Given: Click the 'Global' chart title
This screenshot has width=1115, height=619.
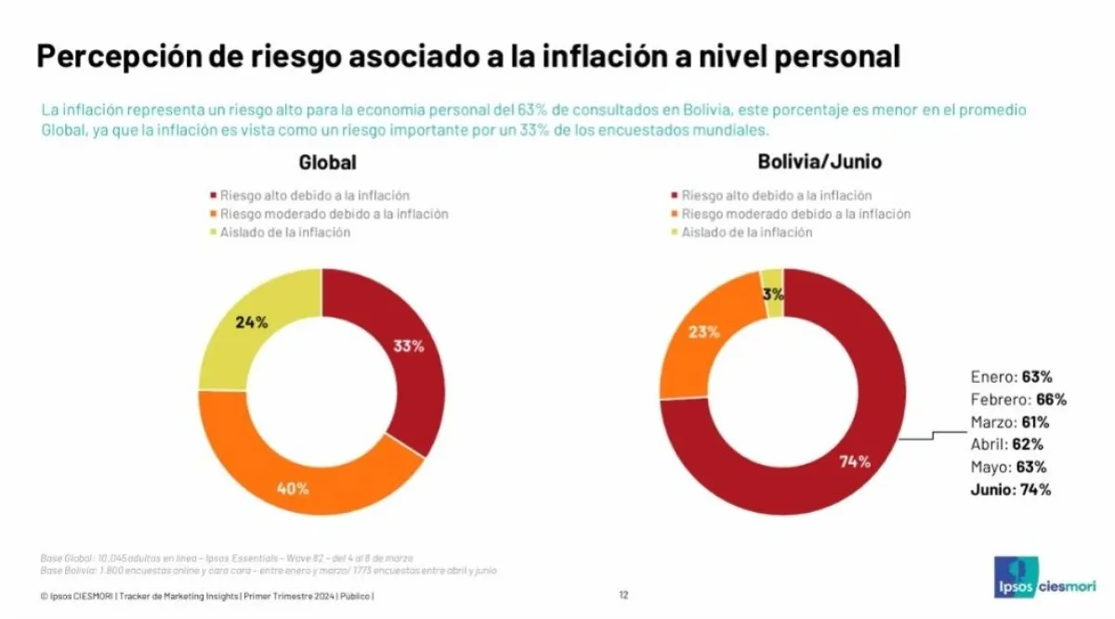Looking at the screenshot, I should (327, 163).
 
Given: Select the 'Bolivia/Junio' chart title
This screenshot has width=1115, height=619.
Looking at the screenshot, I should (820, 163).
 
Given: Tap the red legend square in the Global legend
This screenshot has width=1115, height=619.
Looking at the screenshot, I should (214, 196).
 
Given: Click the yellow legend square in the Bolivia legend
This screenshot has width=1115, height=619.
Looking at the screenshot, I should (674, 232).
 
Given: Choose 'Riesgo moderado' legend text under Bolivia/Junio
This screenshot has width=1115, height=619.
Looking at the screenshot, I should (795, 214).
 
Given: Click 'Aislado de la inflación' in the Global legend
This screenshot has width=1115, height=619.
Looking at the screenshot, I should (285, 232).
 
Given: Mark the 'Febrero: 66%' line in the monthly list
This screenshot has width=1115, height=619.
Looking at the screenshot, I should (1018, 400).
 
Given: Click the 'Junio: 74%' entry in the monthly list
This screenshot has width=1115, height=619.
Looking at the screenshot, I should (1011, 490).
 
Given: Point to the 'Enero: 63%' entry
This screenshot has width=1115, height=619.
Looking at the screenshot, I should (1011, 377).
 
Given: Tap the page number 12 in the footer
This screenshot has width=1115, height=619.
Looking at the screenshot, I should (623, 595).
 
